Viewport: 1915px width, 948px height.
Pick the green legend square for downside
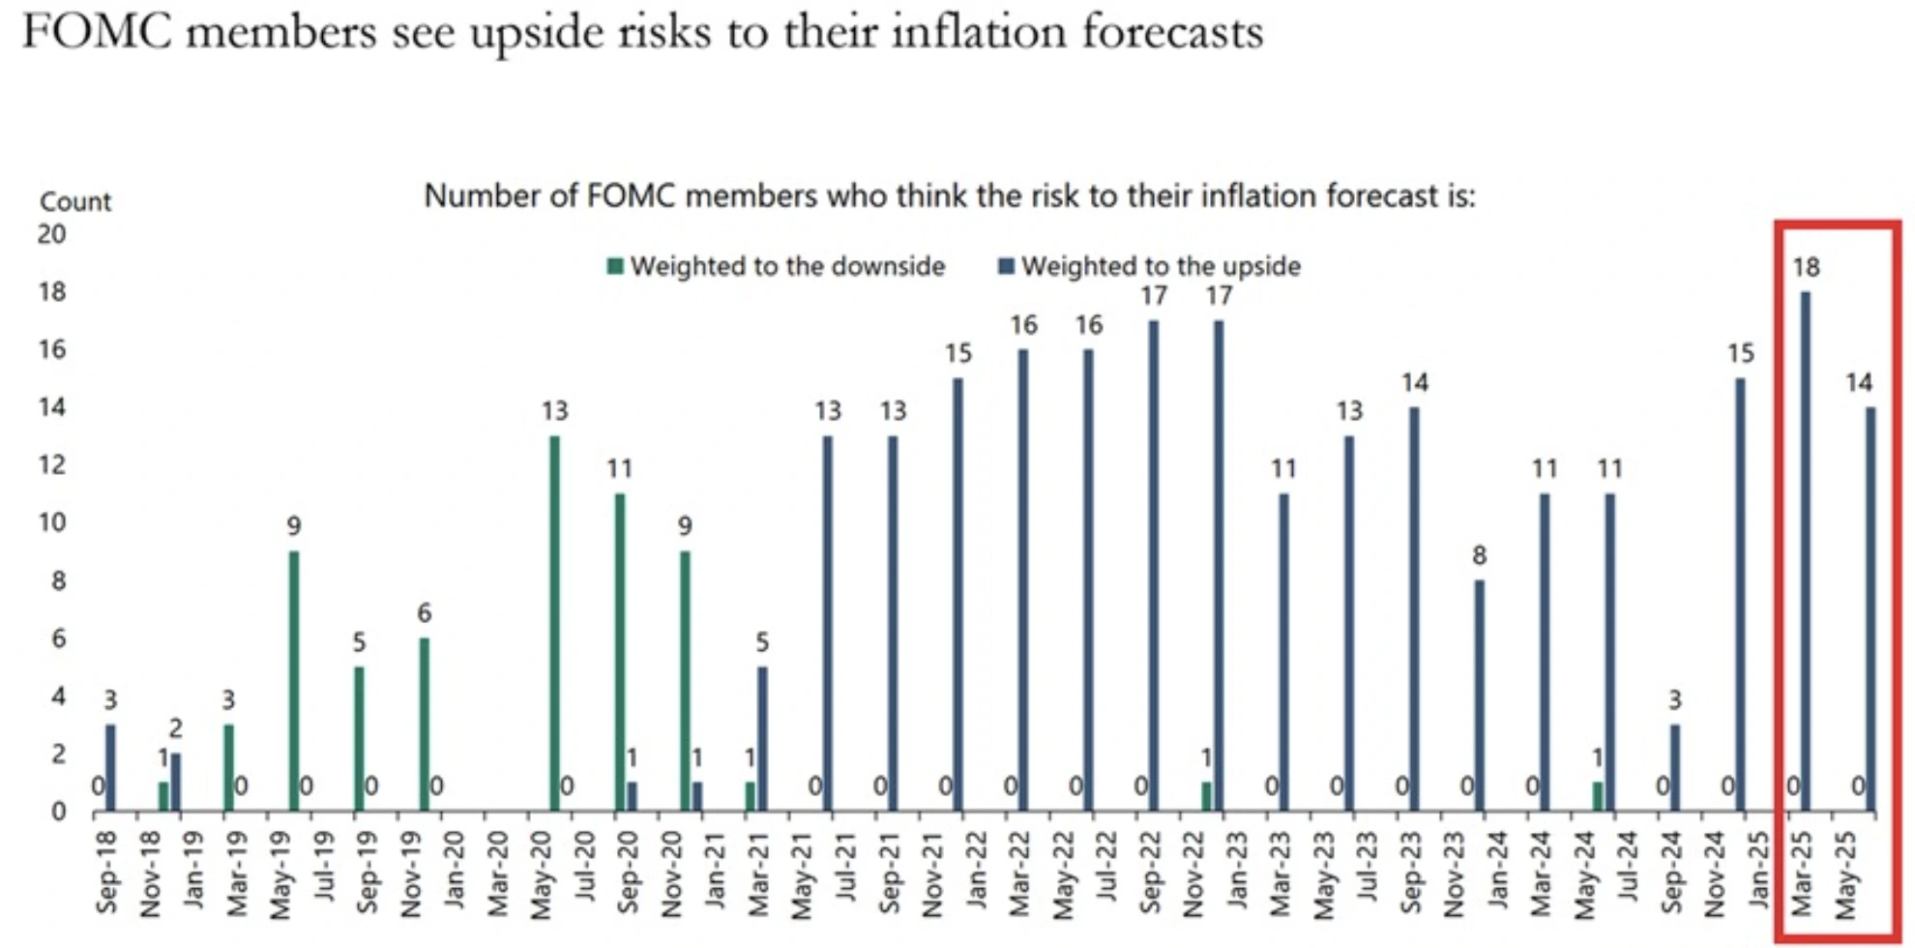pyautogui.click(x=614, y=266)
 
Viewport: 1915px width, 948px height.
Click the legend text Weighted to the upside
pyautogui.click(x=1161, y=266)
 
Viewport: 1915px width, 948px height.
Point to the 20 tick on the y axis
pyautogui.click(x=51, y=234)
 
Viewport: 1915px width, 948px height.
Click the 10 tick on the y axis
pyautogui.click(x=51, y=523)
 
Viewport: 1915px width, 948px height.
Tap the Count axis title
pyautogui.click(x=75, y=201)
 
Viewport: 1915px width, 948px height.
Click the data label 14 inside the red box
pyautogui.click(x=1858, y=383)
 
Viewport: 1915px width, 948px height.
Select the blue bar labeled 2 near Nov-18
pyautogui.click(x=176, y=782)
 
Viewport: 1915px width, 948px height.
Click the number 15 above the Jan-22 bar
pyautogui.click(x=957, y=354)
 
